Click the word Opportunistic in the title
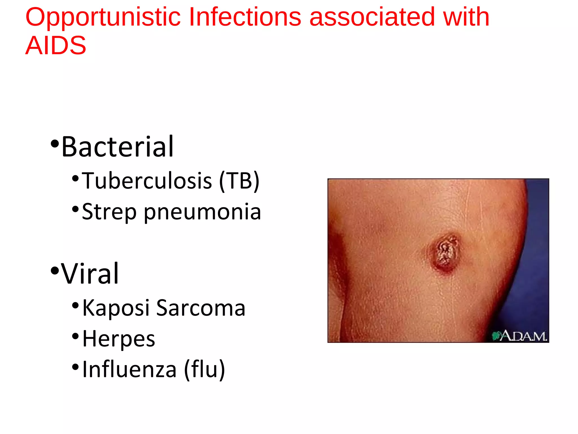(103, 18)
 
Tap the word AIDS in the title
(56, 45)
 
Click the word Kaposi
(116, 308)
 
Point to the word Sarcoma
(201, 308)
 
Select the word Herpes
(119, 339)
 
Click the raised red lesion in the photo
(445, 252)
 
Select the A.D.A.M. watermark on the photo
(519, 336)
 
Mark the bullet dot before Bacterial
(54, 144)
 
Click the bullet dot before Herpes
(75, 336)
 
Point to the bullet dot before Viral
(54, 271)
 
